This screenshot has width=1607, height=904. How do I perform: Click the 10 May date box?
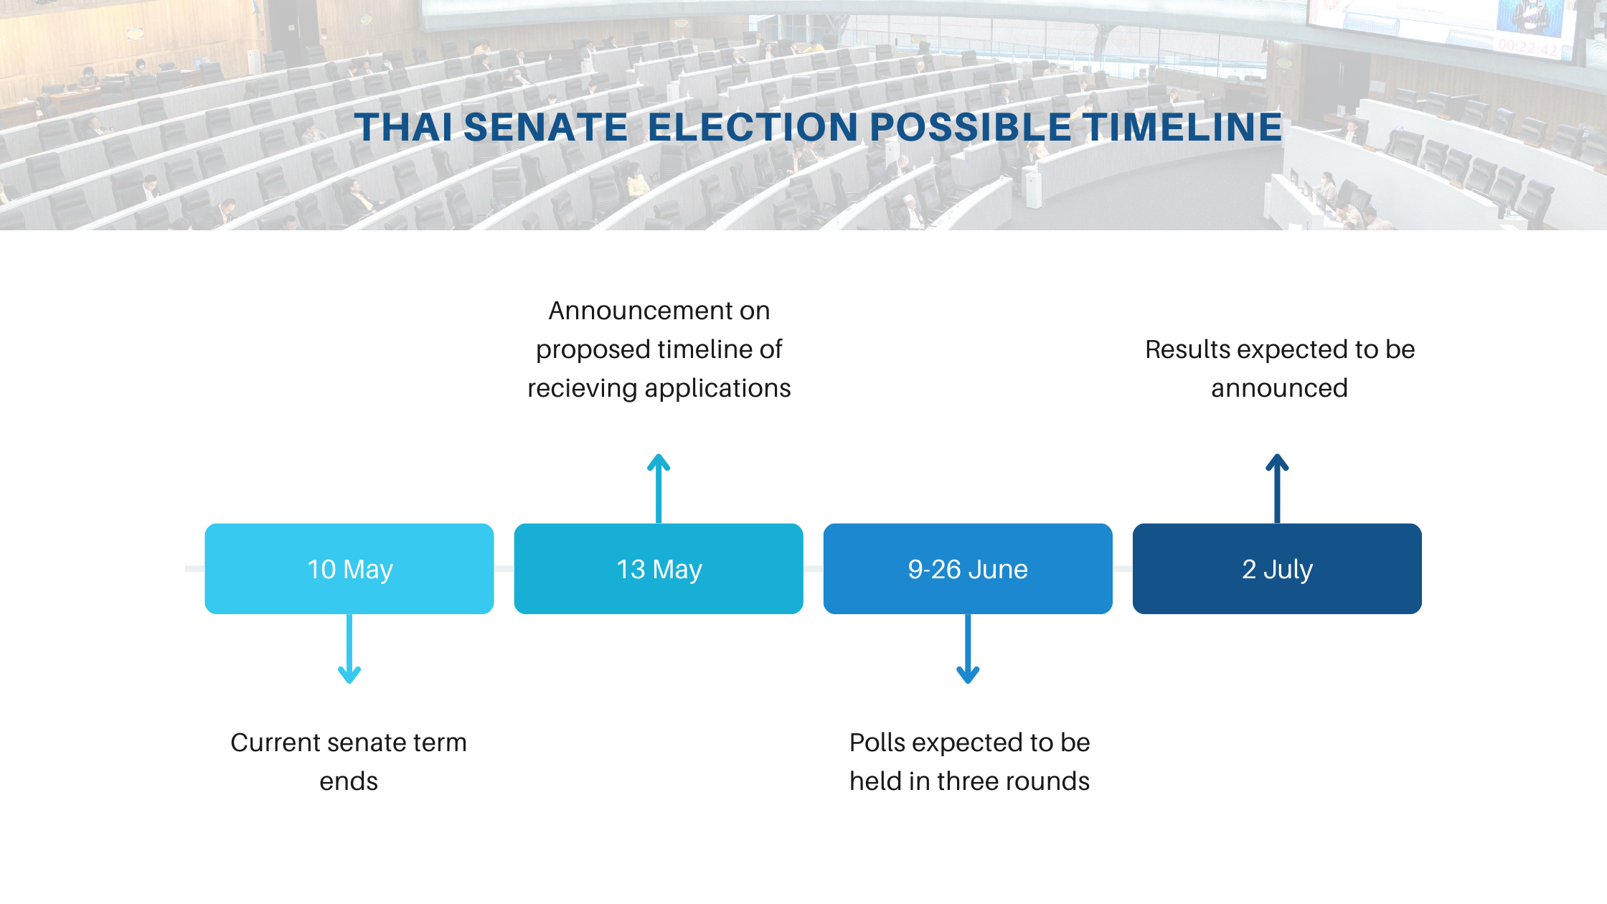(x=349, y=568)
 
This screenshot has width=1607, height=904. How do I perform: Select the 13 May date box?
(x=659, y=568)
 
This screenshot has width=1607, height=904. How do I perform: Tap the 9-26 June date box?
(x=968, y=568)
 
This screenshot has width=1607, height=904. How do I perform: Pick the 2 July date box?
(x=1277, y=568)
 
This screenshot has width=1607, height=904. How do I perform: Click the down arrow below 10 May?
(x=349, y=649)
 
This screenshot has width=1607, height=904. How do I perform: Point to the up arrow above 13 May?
(x=659, y=489)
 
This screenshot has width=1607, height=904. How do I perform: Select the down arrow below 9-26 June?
(x=968, y=649)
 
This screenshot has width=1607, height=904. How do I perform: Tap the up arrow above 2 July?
(x=1277, y=489)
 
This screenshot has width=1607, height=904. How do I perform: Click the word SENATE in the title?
(x=546, y=127)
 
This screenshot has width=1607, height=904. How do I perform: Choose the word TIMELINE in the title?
(x=1183, y=127)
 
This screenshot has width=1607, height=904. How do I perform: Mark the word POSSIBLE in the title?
(x=971, y=127)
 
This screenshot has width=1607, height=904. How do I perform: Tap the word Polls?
(x=877, y=743)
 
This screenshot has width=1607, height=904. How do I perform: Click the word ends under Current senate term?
(x=349, y=781)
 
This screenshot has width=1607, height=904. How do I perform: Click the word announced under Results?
(x=1279, y=388)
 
